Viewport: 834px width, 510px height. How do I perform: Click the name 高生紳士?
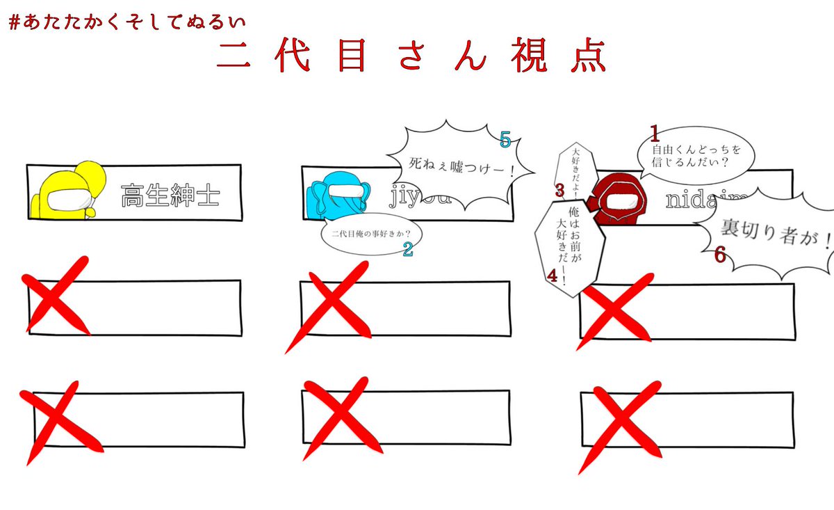pyautogui.click(x=170, y=196)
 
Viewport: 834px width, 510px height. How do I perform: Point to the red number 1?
pyautogui.click(x=653, y=132)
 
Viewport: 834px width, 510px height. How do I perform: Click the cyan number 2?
pyautogui.click(x=409, y=249)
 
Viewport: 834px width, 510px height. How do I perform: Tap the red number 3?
pyautogui.click(x=559, y=189)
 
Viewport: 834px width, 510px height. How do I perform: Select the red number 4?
pyautogui.click(x=553, y=276)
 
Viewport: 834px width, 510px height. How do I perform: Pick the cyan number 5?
pyautogui.click(x=505, y=141)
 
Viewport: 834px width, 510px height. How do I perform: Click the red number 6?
pyautogui.click(x=720, y=255)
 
